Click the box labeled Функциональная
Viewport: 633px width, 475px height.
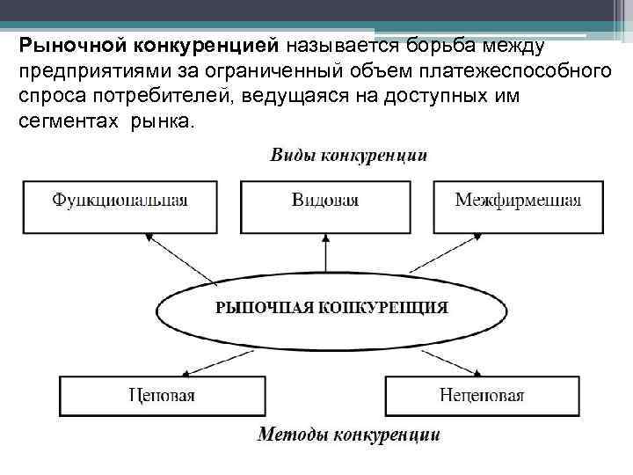(x=120, y=200)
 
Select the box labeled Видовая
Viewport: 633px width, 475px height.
(x=325, y=200)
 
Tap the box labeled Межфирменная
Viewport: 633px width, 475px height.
(x=518, y=200)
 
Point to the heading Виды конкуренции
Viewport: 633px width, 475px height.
(x=348, y=157)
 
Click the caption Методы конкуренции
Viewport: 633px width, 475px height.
(x=348, y=435)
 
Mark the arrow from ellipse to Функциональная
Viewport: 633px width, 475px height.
(x=181, y=257)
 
